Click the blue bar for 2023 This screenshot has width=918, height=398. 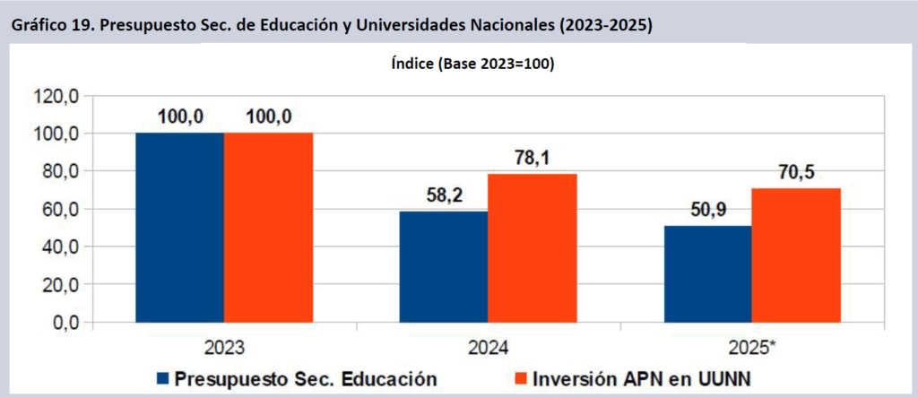(179, 228)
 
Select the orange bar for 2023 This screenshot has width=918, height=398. (268, 228)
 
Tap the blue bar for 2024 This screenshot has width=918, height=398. (443, 267)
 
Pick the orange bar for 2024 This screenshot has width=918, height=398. (532, 248)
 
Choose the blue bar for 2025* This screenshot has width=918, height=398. (706, 273)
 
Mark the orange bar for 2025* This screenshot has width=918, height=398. (795, 255)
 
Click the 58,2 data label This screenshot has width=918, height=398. (443, 195)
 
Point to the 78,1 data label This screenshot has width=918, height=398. (532, 157)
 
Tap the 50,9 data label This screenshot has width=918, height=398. (706, 209)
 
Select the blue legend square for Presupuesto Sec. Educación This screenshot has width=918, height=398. (162, 378)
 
